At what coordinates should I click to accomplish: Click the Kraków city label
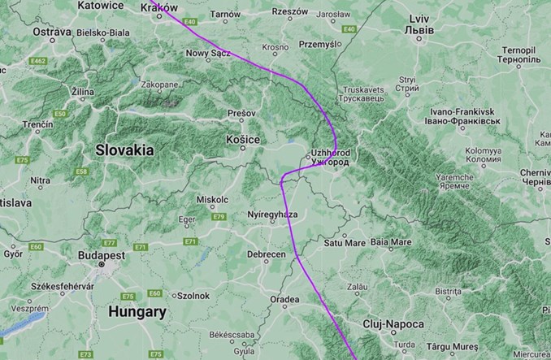point(159,7)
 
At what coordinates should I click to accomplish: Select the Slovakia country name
point(124,150)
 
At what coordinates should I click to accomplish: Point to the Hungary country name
point(137,311)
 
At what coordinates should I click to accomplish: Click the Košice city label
point(243,140)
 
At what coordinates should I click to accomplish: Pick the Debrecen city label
point(266,254)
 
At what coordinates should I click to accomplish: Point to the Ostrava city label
point(29,31)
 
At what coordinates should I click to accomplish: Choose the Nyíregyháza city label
point(272,214)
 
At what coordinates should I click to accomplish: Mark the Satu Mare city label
point(345,242)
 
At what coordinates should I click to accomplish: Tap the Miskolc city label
point(213,200)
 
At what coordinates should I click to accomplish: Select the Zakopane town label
point(158,84)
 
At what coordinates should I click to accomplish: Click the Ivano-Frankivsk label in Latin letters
point(462,111)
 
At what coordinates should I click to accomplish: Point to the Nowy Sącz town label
point(209,53)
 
